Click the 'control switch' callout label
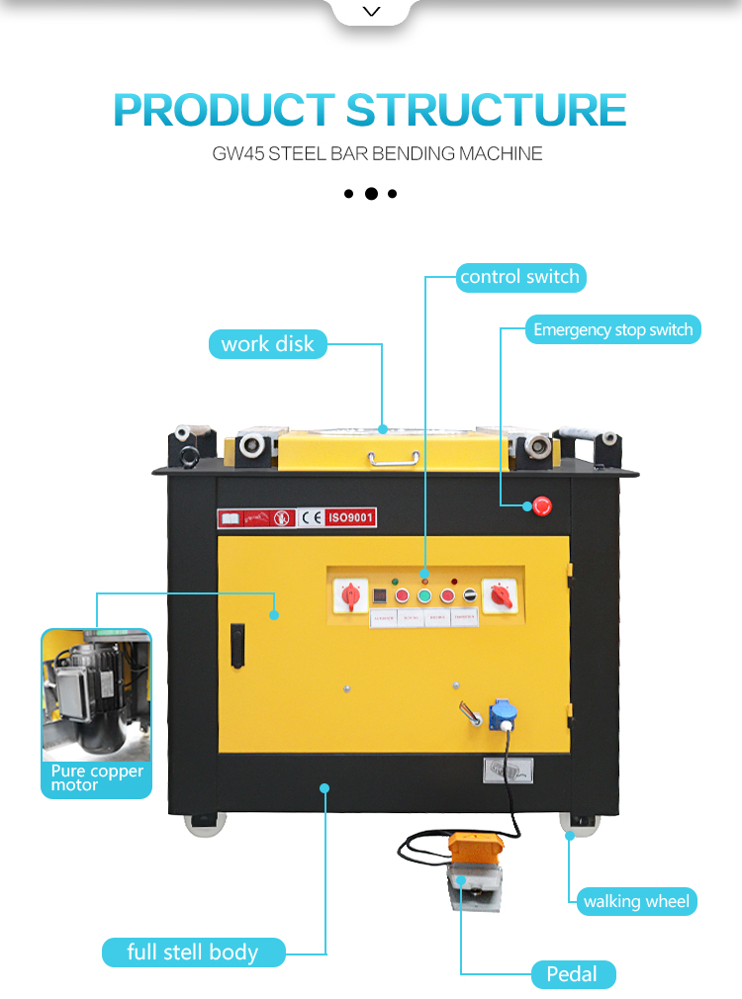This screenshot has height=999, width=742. tap(519, 277)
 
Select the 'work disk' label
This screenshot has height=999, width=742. tap(267, 344)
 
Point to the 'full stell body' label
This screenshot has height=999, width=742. tap(193, 953)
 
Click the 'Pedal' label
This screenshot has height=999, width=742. tap(572, 974)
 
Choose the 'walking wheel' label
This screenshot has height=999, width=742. tap(637, 901)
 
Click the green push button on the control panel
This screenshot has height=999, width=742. tap(424, 595)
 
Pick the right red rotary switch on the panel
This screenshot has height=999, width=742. tap(498, 595)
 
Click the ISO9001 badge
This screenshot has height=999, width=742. tap(351, 516)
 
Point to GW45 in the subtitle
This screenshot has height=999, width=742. tap(234, 154)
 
